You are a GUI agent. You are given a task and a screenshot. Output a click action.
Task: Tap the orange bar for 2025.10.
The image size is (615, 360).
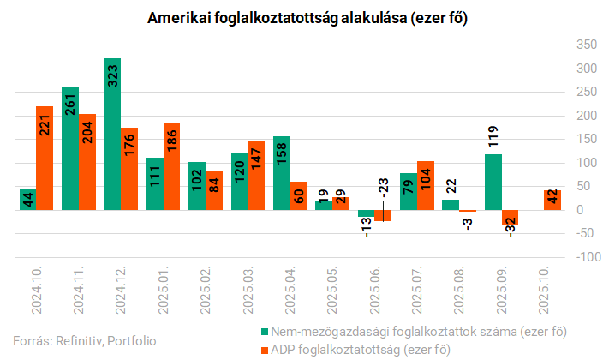[x=552, y=200]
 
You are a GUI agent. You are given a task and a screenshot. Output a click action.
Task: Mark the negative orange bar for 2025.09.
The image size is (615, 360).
[x=510, y=218]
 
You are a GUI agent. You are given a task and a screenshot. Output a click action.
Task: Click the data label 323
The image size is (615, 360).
[x=112, y=78]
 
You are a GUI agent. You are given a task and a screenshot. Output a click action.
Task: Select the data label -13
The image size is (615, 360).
[x=367, y=227]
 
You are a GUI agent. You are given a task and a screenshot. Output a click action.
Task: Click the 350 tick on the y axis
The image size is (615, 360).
[x=585, y=44]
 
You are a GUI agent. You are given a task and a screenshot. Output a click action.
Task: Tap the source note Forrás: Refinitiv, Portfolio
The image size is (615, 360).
[x=84, y=340]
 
